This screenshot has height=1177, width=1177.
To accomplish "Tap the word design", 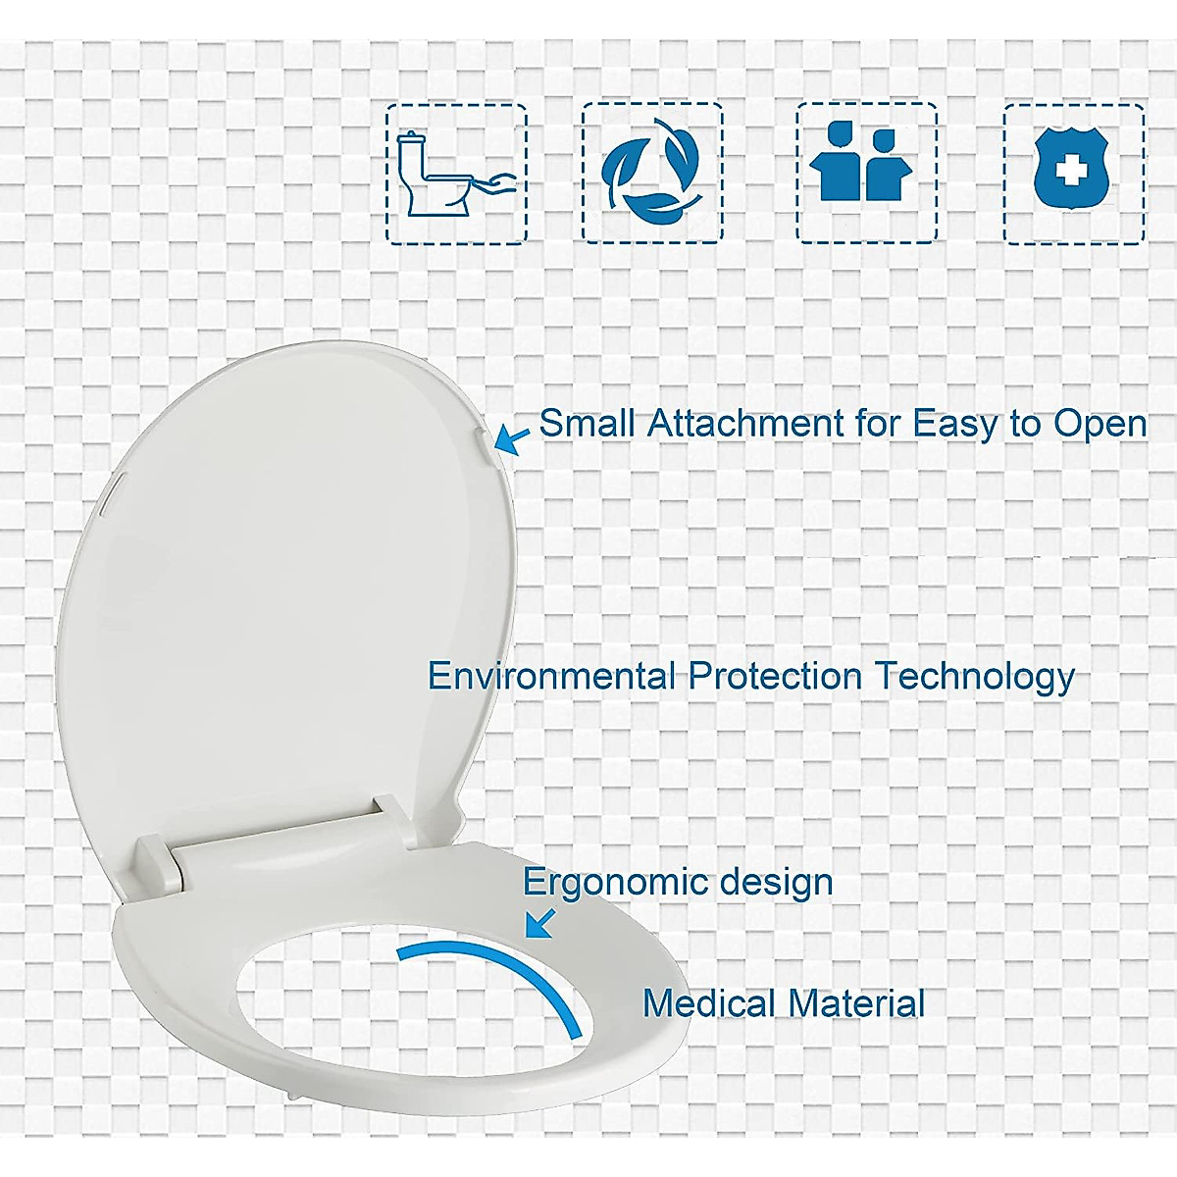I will coord(776,882).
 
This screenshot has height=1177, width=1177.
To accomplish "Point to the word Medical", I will coord(709,1003).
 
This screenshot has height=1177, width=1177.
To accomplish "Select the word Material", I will coord(856,1003).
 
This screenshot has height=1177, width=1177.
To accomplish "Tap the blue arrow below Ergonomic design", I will coord(538,923).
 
